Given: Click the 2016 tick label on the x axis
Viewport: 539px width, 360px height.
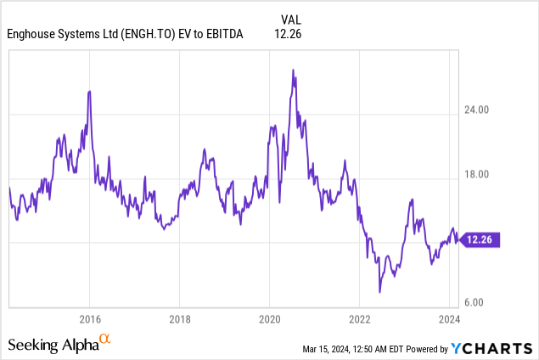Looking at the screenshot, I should click(x=90, y=319).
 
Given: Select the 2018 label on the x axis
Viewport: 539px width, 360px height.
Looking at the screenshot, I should click(x=179, y=319).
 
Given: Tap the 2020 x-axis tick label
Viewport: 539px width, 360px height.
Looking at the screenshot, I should click(x=269, y=319).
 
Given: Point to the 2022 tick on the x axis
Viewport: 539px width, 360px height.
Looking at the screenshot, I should click(x=359, y=319).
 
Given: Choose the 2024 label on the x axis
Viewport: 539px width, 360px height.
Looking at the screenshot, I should click(x=449, y=319).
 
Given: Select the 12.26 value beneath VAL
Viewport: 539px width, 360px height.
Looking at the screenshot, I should click(x=289, y=34).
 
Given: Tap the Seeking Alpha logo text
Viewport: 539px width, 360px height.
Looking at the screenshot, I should click(x=53, y=345).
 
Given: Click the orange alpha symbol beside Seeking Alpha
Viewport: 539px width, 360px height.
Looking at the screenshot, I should click(x=105, y=340).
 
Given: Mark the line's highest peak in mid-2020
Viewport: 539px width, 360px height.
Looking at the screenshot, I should click(x=293, y=70).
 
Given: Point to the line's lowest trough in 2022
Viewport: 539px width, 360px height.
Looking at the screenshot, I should click(x=380, y=292).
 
